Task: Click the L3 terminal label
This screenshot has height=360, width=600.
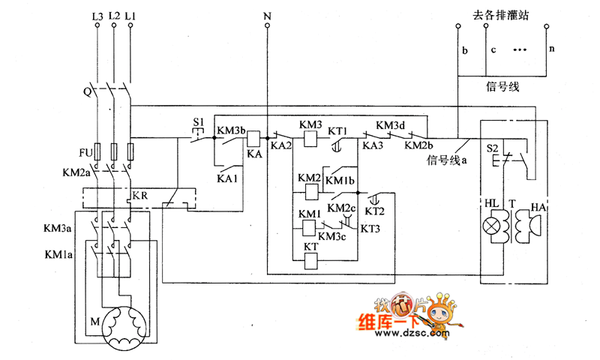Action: [x=97, y=15]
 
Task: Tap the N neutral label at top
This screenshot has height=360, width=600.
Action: [x=267, y=15]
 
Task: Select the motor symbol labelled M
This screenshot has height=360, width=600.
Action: [x=124, y=328]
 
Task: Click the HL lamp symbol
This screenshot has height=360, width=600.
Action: [x=493, y=226]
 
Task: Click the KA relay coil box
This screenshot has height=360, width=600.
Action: [x=253, y=138]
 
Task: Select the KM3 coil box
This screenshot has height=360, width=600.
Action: [x=310, y=138]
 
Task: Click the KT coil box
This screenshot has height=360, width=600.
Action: [x=310, y=260]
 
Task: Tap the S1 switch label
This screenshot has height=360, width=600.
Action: [x=199, y=121]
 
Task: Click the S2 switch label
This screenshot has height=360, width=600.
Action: [x=493, y=148]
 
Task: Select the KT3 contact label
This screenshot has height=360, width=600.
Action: [x=370, y=228]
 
